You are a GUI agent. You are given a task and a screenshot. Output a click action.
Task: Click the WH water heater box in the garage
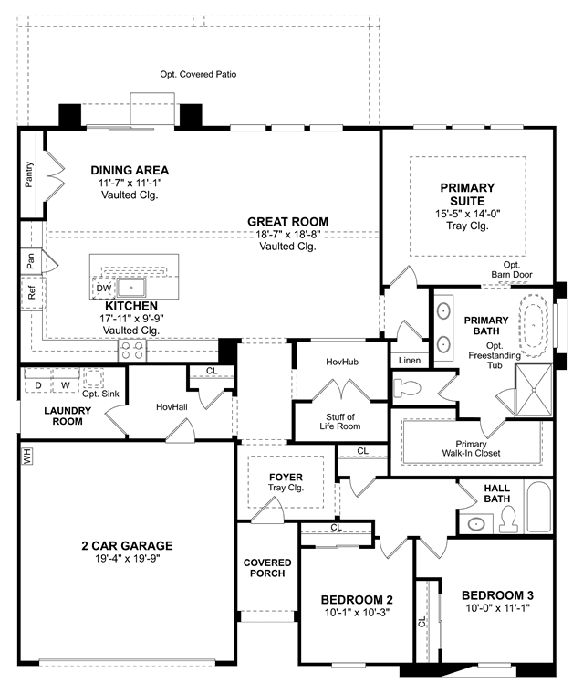pos(27,456)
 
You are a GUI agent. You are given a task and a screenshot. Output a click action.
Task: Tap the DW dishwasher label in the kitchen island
pos(104,289)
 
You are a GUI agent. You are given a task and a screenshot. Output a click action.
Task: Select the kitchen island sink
pos(131,288)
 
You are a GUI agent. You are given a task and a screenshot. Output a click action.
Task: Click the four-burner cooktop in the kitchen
pos(132,350)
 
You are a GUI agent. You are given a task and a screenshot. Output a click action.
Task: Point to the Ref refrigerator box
pos(32,292)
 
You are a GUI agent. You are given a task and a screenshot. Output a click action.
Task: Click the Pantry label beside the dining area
pos(29,174)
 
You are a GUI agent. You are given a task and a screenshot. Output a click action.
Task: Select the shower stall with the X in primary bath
pos(534,390)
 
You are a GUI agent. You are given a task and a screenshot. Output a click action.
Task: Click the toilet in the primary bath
pos(407,389)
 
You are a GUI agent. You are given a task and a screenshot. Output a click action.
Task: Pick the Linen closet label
pos(410,361)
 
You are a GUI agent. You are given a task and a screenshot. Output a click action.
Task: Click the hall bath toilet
pos(508,520)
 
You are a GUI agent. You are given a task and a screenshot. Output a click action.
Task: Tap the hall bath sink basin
pos(476,524)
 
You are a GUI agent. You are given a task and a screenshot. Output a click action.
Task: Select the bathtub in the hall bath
pos(539,507)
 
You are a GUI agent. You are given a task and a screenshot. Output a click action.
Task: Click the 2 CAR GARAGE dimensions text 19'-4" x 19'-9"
pos(128,559)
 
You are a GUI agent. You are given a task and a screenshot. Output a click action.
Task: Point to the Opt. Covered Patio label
pos(198,74)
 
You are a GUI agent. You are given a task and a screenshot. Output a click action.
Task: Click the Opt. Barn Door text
pos(512,269)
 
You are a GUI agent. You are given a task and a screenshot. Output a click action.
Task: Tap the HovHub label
pos(342,362)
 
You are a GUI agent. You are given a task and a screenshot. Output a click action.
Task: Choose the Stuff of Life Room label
pos(340,421)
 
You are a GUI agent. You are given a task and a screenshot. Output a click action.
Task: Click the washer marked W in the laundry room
pos(66,385)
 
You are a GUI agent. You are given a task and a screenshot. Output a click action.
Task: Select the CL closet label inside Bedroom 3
pos(422,622)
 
